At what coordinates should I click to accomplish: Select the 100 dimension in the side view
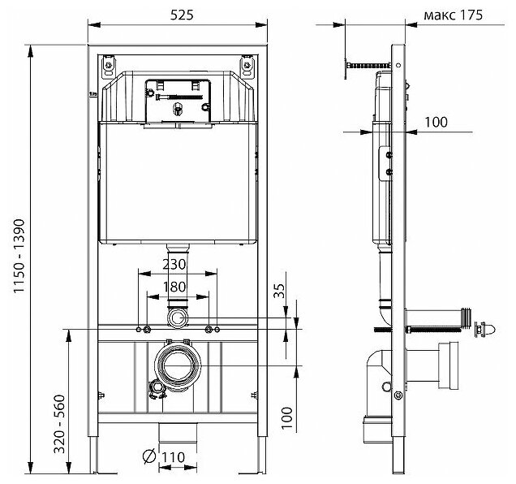tap(436, 122)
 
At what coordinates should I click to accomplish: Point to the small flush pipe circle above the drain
tap(177, 314)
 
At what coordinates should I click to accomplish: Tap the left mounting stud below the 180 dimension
tap(147, 329)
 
